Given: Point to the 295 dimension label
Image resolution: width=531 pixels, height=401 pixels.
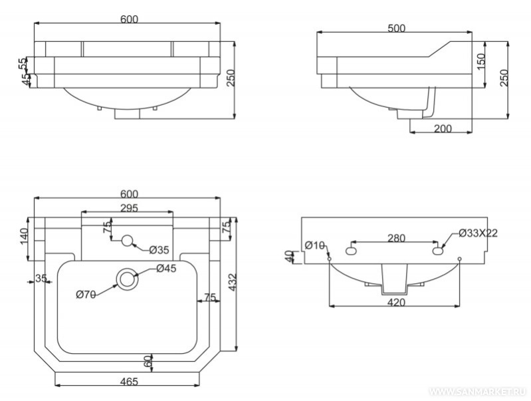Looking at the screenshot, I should coord(129,209).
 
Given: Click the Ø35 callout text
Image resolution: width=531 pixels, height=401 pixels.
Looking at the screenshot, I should coord(160,249).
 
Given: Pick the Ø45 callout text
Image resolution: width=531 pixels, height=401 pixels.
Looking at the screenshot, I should coord(166,269).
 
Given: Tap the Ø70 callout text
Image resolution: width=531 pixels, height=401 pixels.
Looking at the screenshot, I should coord(86,295).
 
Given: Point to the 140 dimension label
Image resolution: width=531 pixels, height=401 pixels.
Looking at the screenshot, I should coord(24,235).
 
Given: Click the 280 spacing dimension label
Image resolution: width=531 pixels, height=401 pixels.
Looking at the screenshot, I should coord(396,238).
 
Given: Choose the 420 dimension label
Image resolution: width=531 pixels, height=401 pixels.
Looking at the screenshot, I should coord(396,302).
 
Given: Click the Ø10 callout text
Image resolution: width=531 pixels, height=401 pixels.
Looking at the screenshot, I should coord(314,245).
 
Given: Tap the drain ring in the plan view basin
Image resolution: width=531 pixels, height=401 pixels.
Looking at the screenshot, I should coord(126,279).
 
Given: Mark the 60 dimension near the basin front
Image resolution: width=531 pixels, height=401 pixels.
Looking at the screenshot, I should coord(148,362).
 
